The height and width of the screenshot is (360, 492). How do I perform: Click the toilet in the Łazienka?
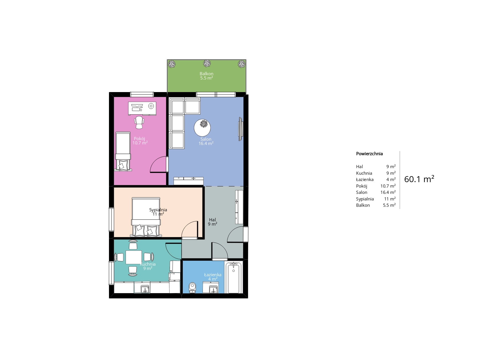[192, 287]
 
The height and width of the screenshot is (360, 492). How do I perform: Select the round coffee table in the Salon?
[203, 128]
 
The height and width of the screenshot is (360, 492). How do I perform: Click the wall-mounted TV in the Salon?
[241, 129]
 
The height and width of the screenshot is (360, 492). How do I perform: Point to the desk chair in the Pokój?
[139, 122]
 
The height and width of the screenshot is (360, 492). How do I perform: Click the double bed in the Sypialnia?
[146, 217]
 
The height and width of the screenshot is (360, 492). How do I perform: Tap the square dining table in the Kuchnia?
[134, 257]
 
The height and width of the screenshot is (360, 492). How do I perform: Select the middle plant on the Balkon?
[207, 63]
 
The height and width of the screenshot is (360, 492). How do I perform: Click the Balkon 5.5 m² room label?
[207, 76]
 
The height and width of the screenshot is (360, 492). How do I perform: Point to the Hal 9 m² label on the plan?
[213, 222]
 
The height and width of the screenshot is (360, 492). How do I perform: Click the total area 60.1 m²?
[419, 179]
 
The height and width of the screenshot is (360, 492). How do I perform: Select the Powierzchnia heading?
[369, 154]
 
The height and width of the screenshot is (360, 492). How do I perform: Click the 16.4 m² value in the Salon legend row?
[388, 192]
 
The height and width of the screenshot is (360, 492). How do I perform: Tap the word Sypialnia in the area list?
[365, 199]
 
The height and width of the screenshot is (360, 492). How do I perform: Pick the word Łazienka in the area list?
[365, 180]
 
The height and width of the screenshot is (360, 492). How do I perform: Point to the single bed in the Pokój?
[123, 151]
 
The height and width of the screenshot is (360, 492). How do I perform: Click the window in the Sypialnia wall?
[112, 219]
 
